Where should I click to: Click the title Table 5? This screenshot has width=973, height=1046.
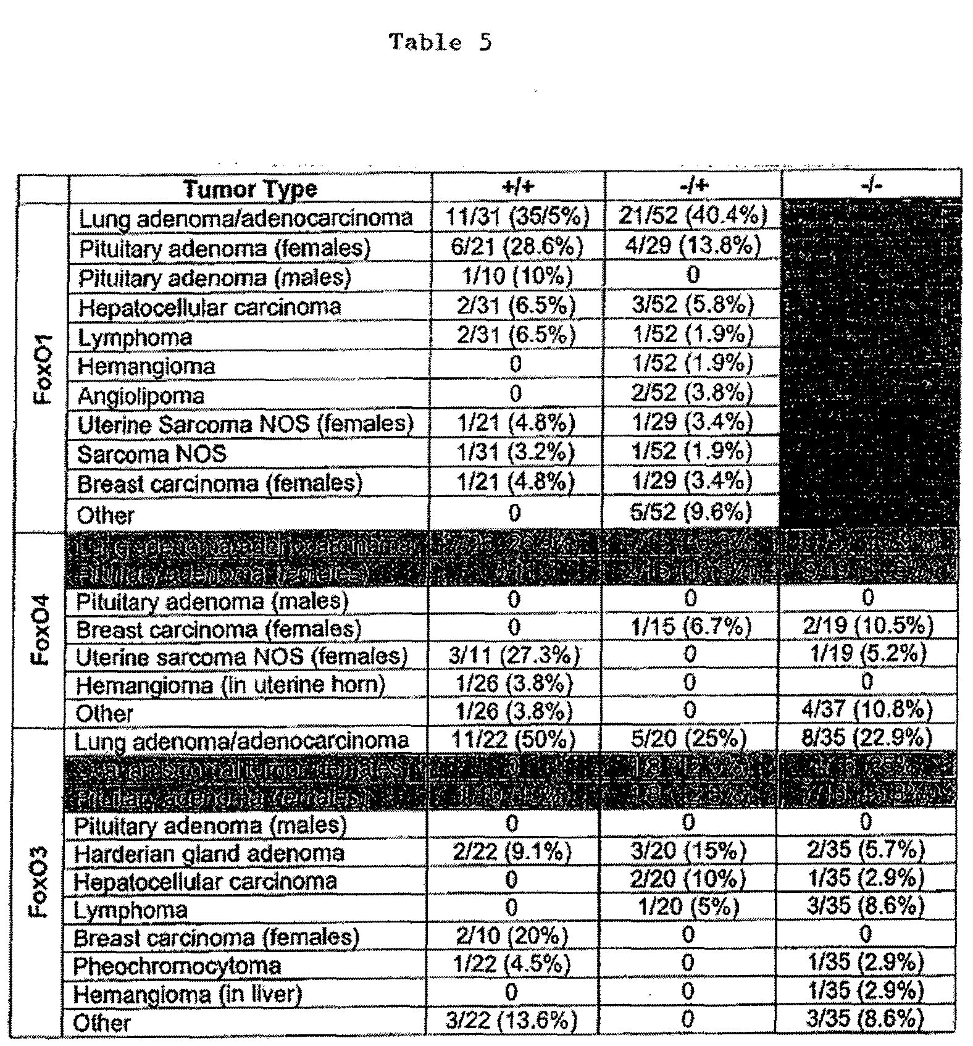tap(440, 43)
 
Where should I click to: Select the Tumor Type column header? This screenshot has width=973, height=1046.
tap(250, 188)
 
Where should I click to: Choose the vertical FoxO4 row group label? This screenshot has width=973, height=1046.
tap(41, 628)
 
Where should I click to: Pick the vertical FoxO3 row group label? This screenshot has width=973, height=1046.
tap(40, 883)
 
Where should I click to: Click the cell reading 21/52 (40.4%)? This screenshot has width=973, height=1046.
tap(693, 215)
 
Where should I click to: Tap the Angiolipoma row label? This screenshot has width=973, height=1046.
tap(141, 396)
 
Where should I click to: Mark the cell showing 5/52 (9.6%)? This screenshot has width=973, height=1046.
tap(691, 512)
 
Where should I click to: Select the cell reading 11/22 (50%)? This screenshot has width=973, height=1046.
tap(513, 739)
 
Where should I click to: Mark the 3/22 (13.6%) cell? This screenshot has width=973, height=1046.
tap(511, 1021)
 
